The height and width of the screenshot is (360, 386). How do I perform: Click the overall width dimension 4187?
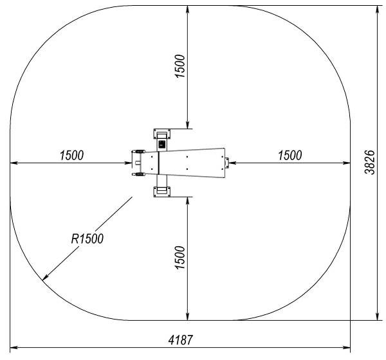tap(180, 340)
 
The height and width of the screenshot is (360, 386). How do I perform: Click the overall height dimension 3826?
tap(369, 162)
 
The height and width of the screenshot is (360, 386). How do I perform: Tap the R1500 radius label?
tap(87, 239)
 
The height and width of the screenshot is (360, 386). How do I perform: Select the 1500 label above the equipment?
tap(179, 66)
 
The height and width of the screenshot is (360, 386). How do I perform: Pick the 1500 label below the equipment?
tap(179, 257)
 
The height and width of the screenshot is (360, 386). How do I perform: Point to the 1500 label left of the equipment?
tap(71, 156)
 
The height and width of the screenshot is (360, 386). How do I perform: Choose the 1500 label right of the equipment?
tap(289, 156)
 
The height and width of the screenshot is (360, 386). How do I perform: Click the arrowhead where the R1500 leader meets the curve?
tap(44, 278)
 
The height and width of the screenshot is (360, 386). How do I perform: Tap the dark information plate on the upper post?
tap(162, 144)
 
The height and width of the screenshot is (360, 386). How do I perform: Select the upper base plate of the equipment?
tap(162, 134)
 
